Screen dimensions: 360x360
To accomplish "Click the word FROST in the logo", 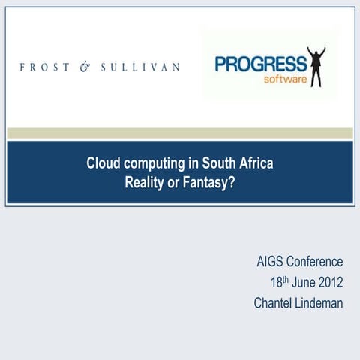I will pyautogui.click(x=41, y=67).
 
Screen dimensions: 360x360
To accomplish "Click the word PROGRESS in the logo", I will pyautogui.click(x=260, y=64).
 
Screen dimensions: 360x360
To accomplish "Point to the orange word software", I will pyautogui.click(x=284, y=79).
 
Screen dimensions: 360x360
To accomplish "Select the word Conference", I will pyautogui.click(x=315, y=262).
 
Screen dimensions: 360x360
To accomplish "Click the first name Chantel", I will pyautogui.click(x=274, y=304).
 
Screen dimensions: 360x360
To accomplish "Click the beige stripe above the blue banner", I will pyautogui.click(x=180, y=133).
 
